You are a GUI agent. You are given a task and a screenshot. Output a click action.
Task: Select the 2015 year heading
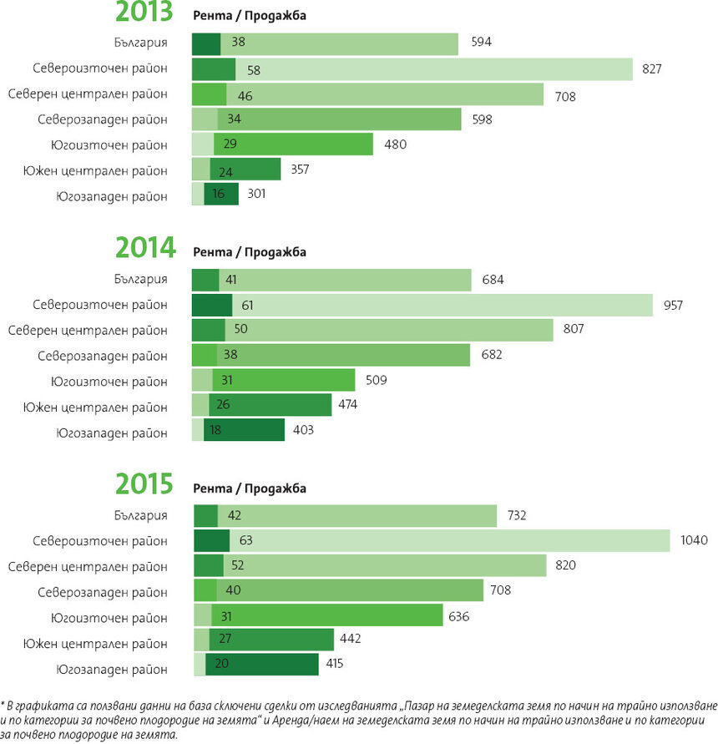(144, 484)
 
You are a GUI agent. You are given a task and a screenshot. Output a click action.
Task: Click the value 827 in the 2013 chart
(652, 69)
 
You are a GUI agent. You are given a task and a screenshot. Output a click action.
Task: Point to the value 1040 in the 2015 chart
(694, 540)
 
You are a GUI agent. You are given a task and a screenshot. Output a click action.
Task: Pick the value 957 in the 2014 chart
(672, 305)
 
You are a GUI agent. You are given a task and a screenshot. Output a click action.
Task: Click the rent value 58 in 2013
(254, 69)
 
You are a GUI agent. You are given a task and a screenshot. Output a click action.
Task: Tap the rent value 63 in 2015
(245, 540)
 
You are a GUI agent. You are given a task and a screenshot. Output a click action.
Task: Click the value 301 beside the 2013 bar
(257, 195)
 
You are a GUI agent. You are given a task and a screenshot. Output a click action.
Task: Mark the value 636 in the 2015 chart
(459, 617)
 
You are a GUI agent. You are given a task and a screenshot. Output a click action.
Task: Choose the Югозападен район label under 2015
(112, 669)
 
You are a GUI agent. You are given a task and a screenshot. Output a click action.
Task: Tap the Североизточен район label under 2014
(100, 305)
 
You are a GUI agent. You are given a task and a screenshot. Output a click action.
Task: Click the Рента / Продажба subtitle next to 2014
(250, 252)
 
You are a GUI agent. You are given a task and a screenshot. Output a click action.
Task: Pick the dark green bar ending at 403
(255, 430)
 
